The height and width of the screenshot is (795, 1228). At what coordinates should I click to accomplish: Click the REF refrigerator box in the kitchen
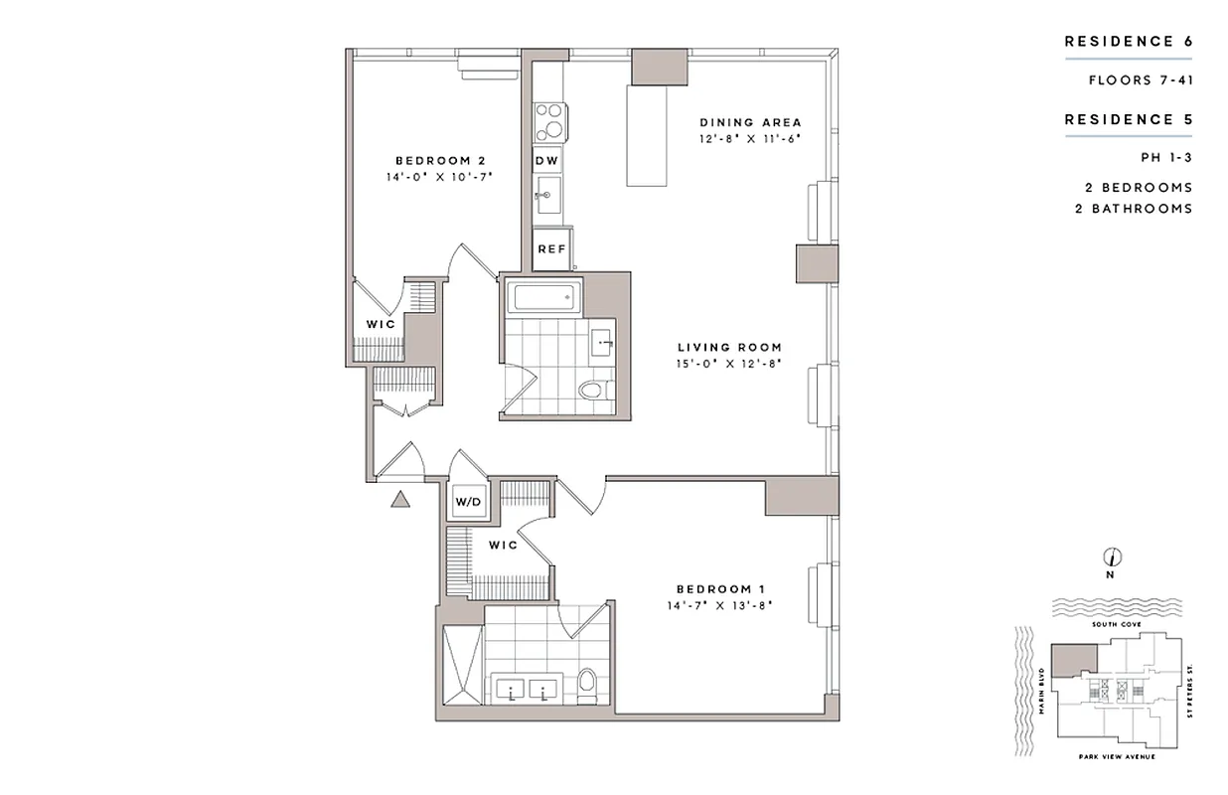(x=551, y=250)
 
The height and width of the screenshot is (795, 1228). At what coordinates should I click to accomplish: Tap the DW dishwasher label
(x=547, y=160)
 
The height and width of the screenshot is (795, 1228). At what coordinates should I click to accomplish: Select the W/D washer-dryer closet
(x=468, y=502)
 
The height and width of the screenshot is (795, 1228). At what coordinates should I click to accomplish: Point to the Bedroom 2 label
(x=439, y=160)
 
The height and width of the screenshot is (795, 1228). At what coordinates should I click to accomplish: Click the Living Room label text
(x=729, y=348)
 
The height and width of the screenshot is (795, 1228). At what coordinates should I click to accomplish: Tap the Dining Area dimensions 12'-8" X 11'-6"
(x=748, y=138)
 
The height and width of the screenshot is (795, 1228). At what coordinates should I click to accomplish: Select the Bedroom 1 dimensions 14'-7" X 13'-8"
(x=719, y=604)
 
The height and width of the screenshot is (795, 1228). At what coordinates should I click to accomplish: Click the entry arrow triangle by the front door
(x=400, y=499)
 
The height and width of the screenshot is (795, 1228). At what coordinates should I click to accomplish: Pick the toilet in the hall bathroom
(x=591, y=389)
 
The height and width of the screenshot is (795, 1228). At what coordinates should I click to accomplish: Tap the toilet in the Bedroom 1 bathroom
(x=586, y=684)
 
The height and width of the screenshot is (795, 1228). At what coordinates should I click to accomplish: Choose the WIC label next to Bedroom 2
(x=381, y=325)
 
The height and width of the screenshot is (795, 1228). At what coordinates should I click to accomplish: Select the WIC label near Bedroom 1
(x=503, y=546)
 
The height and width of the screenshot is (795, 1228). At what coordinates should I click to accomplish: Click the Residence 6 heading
(x=1128, y=42)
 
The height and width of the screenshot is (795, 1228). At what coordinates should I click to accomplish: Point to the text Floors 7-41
(x=1140, y=79)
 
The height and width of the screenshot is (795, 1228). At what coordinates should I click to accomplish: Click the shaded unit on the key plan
(x=1073, y=658)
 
